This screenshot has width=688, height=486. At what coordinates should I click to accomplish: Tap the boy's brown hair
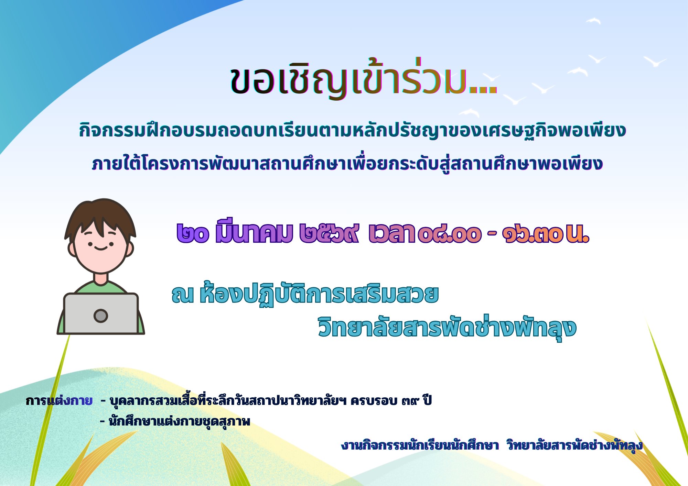(x=100, y=213)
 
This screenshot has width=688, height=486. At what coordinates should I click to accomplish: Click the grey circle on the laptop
(x=101, y=316)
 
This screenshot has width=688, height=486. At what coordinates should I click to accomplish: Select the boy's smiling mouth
(x=100, y=248)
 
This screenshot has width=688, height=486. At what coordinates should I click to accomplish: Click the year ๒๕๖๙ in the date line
(x=329, y=233)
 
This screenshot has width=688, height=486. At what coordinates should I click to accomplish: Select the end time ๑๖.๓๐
(x=533, y=234)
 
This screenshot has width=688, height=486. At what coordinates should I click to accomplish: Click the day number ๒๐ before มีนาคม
(x=193, y=233)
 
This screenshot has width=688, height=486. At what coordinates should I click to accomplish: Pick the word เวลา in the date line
(x=392, y=233)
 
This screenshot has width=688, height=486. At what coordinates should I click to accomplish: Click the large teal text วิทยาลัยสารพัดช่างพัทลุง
(x=447, y=328)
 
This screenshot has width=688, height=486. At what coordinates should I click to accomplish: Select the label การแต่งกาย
(x=59, y=400)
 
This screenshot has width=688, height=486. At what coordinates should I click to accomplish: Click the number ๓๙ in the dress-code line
(x=410, y=401)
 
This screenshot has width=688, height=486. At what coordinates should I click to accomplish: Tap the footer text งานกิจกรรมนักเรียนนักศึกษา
(x=420, y=445)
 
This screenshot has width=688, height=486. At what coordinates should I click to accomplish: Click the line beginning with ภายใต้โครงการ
(x=347, y=163)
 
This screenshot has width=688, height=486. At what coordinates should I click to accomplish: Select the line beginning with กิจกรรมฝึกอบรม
(x=352, y=130)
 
